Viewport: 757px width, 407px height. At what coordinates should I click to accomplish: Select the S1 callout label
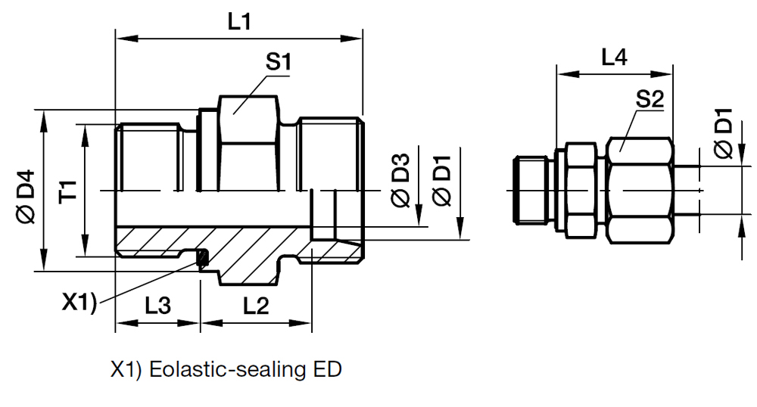[279, 63]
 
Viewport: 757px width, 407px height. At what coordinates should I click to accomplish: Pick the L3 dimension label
[158, 306]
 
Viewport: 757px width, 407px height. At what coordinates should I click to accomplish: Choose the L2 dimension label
[257, 306]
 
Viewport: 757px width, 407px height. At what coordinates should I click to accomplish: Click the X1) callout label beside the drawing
[79, 303]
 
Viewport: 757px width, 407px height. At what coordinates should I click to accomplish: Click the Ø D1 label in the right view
[724, 135]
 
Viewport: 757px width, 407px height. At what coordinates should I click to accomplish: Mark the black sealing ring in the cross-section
[202, 259]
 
